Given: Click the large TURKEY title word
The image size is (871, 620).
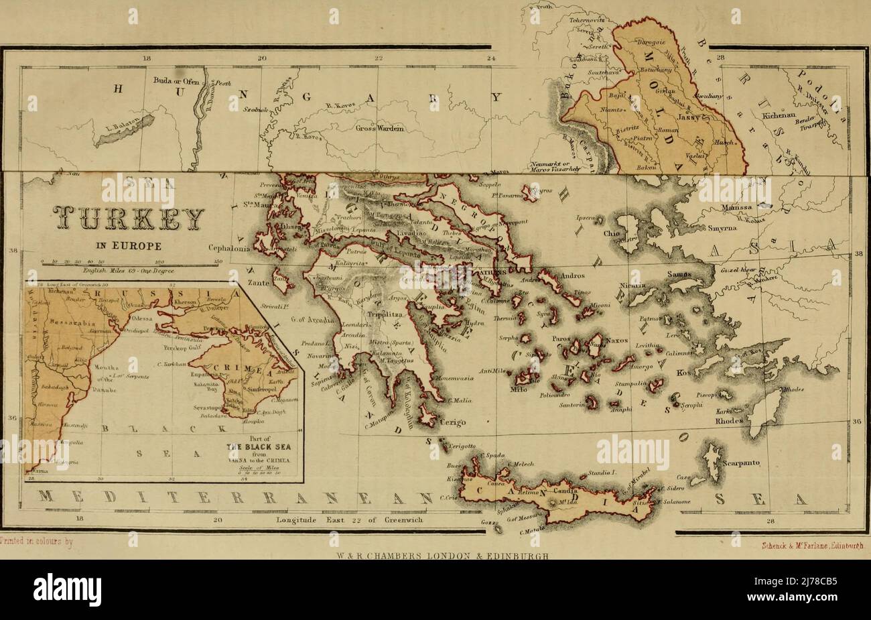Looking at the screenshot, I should click(x=126, y=219).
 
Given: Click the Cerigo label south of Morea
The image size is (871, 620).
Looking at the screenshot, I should click(x=452, y=422).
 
